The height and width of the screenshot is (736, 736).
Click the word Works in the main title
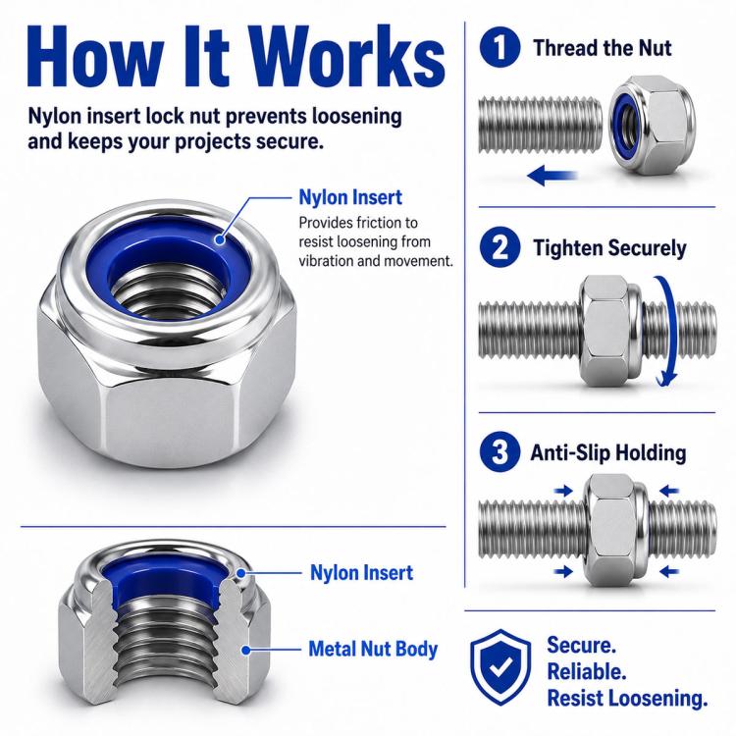pyautogui.click(x=350, y=57)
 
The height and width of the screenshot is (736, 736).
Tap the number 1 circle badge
pyautogui.click(x=499, y=47)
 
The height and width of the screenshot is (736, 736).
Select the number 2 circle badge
pyautogui.click(x=499, y=247)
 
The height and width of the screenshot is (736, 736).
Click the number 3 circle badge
pyautogui.click(x=499, y=452)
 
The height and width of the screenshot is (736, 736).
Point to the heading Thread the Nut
pyautogui.click(x=603, y=48)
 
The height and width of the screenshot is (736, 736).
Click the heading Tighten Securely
pyautogui.click(x=609, y=248)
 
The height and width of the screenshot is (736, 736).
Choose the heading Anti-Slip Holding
pyautogui.click(x=608, y=452)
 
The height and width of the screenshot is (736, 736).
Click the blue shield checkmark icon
pyautogui.click(x=500, y=667)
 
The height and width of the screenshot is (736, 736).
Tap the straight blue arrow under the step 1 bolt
pyautogui.click(x=552, y=175)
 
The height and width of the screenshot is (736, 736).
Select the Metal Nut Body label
pyautogui.click(x=373, y=650)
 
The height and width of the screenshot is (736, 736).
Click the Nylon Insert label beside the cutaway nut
pyautogui.click(x=361, y=573)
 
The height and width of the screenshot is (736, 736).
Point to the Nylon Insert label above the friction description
pyautogui.click(x=350, y=197)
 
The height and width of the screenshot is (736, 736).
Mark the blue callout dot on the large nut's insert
pyautogui.click(x=219, y=239)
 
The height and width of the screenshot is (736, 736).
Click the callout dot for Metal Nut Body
pyautogui.click(x=245, y=650)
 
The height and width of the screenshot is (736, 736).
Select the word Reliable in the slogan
pyautogui.click(x=587, y=671)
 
